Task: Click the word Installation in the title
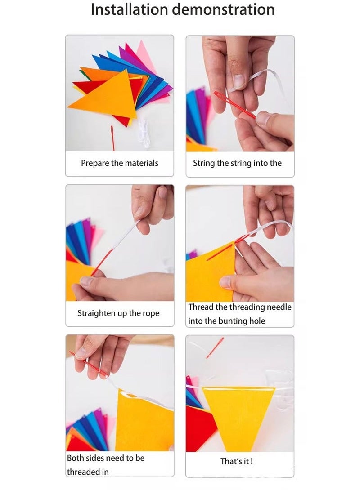(x=130, y=9)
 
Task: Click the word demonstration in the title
(x=223, y=9)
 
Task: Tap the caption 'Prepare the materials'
(x=120, y=163)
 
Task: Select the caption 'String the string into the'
(x=237, y=163)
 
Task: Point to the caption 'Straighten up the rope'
(x=118, y=313)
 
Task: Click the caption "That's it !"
(x=236, y=461)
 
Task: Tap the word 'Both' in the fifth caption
(x=76, y=458)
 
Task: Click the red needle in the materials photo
(x=112, y=138)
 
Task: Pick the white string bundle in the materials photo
(x=144, y=133)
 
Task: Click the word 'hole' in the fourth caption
(x=257, y=321)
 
